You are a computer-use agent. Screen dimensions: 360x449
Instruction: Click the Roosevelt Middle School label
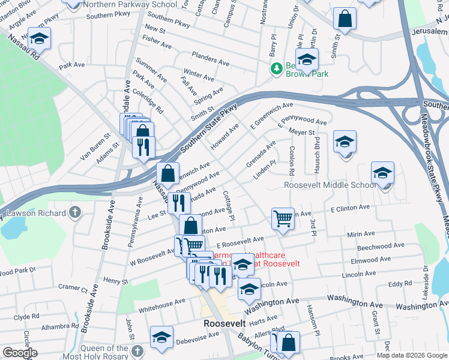tap(330, 185)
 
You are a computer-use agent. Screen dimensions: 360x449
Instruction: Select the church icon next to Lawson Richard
tap(74, 212)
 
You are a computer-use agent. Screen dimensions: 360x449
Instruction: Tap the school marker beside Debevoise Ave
tap(161, 337)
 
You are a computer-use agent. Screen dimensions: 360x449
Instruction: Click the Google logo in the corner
tap(19, 353)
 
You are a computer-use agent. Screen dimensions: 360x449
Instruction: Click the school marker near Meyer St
tap(345, 142)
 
